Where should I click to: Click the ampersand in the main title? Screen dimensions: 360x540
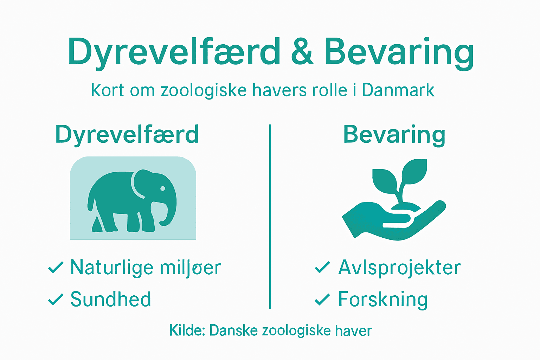point(302,52)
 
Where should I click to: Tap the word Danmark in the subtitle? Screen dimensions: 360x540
point(398,90)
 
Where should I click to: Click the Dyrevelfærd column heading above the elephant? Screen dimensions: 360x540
point(127,135)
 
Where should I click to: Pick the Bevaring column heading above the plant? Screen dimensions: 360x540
point(394,135)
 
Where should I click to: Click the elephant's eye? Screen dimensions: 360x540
point(162,189)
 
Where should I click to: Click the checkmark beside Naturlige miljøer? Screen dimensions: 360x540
point(56,268)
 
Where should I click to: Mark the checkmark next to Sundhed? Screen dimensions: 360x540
point(56,300)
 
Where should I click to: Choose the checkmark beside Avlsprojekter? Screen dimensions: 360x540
point(322,268)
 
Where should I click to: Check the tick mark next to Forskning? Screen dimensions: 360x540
point(322,300)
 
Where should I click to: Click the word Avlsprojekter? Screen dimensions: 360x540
point(399,268)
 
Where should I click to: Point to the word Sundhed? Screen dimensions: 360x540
point(111,300)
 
